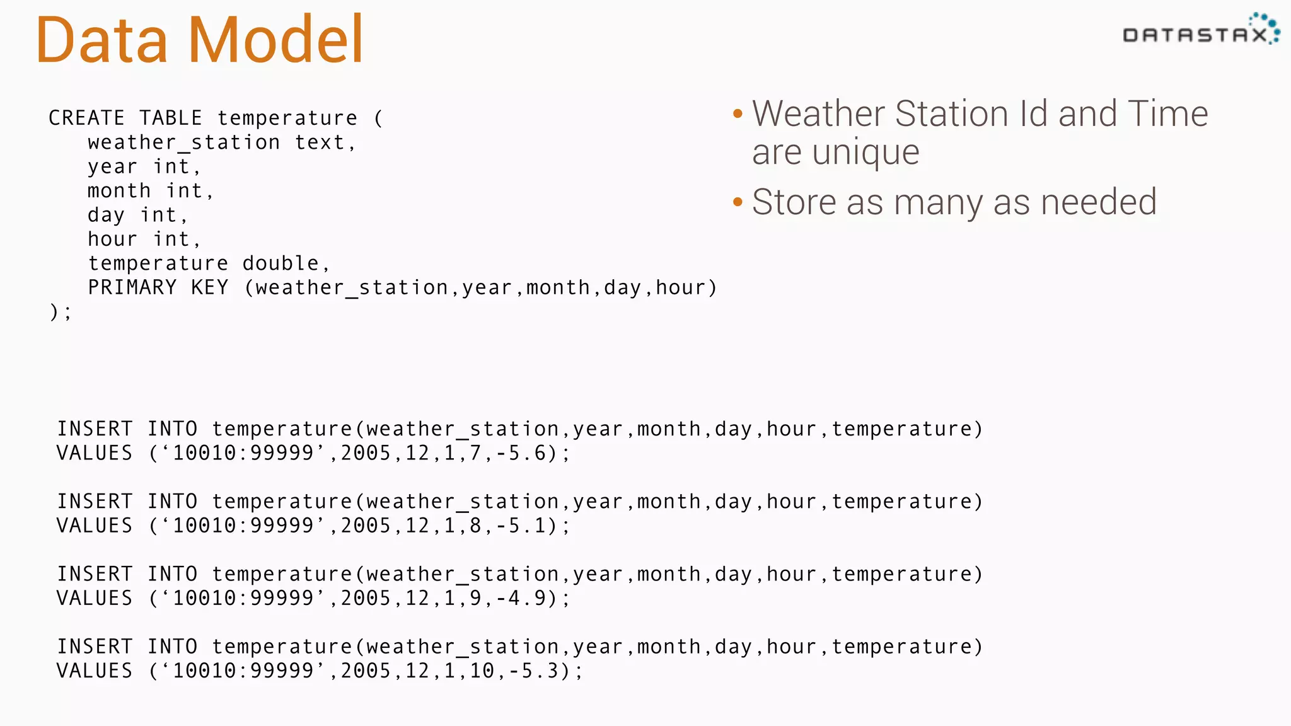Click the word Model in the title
coord(275,40)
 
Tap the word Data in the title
coord(101,40)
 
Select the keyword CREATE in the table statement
coord(86,118)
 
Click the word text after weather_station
coord(320,142)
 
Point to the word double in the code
coord(281,263)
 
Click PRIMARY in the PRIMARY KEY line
coord(132,287)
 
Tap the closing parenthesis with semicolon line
coord(61,311)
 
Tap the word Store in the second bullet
coord(794,202)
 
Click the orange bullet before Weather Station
coord(738,114)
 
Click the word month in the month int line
coord(119,191)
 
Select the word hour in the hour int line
coord(112,239)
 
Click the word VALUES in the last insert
coord(95,671)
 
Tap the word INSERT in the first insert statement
coord(95,429)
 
